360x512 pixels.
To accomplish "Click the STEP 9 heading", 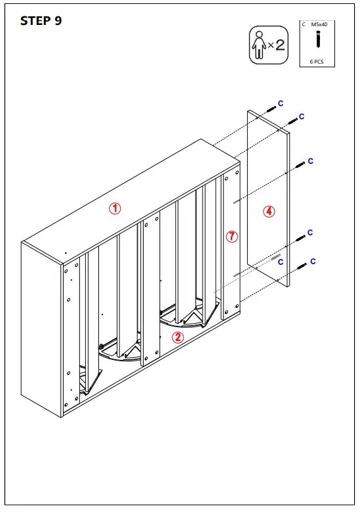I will click(x=41, y=20).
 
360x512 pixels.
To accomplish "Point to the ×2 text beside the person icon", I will click(x=276, y=45).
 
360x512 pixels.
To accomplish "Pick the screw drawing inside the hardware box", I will click(x=318, y=40).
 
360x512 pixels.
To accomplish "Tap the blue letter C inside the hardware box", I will click(x=304, y=24).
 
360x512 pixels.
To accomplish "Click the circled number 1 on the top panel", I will click(x=115, y=208).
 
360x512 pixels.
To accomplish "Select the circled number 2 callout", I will click(x=178, y=338).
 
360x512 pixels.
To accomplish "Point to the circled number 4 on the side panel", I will click(x=269, y=211).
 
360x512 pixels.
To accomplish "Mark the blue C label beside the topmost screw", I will click(x=281, y=103).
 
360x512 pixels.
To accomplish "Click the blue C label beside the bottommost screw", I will click(x=313, y=262).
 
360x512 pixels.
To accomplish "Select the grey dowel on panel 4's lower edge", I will click(x=276, y=256).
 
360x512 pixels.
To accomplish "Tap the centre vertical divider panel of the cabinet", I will click(x=149, y=288).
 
